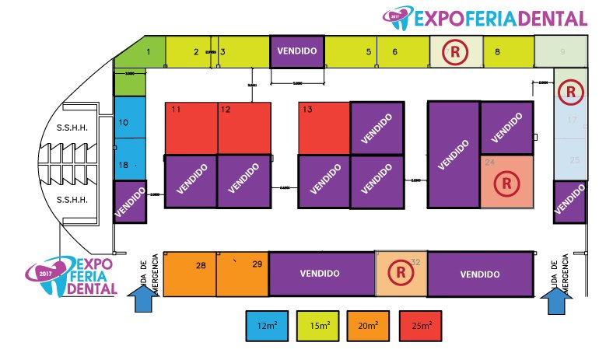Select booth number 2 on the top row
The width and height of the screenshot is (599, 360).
[x=191, y=52]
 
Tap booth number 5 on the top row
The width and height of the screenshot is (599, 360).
[x=350, y=52]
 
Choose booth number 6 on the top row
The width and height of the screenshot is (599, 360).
[x=401, y=52]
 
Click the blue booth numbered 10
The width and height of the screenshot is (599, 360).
[x=130, y=123]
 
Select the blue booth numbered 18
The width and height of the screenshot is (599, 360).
[x=130, y=166]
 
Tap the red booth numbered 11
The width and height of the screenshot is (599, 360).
[x=191, y=128]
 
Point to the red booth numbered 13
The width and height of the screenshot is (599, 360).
[x=324, y=128]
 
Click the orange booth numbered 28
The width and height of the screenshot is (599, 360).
[x=191, y=274]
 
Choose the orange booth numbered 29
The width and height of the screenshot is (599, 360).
[x=242, y=274]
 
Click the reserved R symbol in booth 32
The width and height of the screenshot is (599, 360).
[x=401, y=273]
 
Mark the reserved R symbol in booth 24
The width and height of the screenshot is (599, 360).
[x=506, y=184]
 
